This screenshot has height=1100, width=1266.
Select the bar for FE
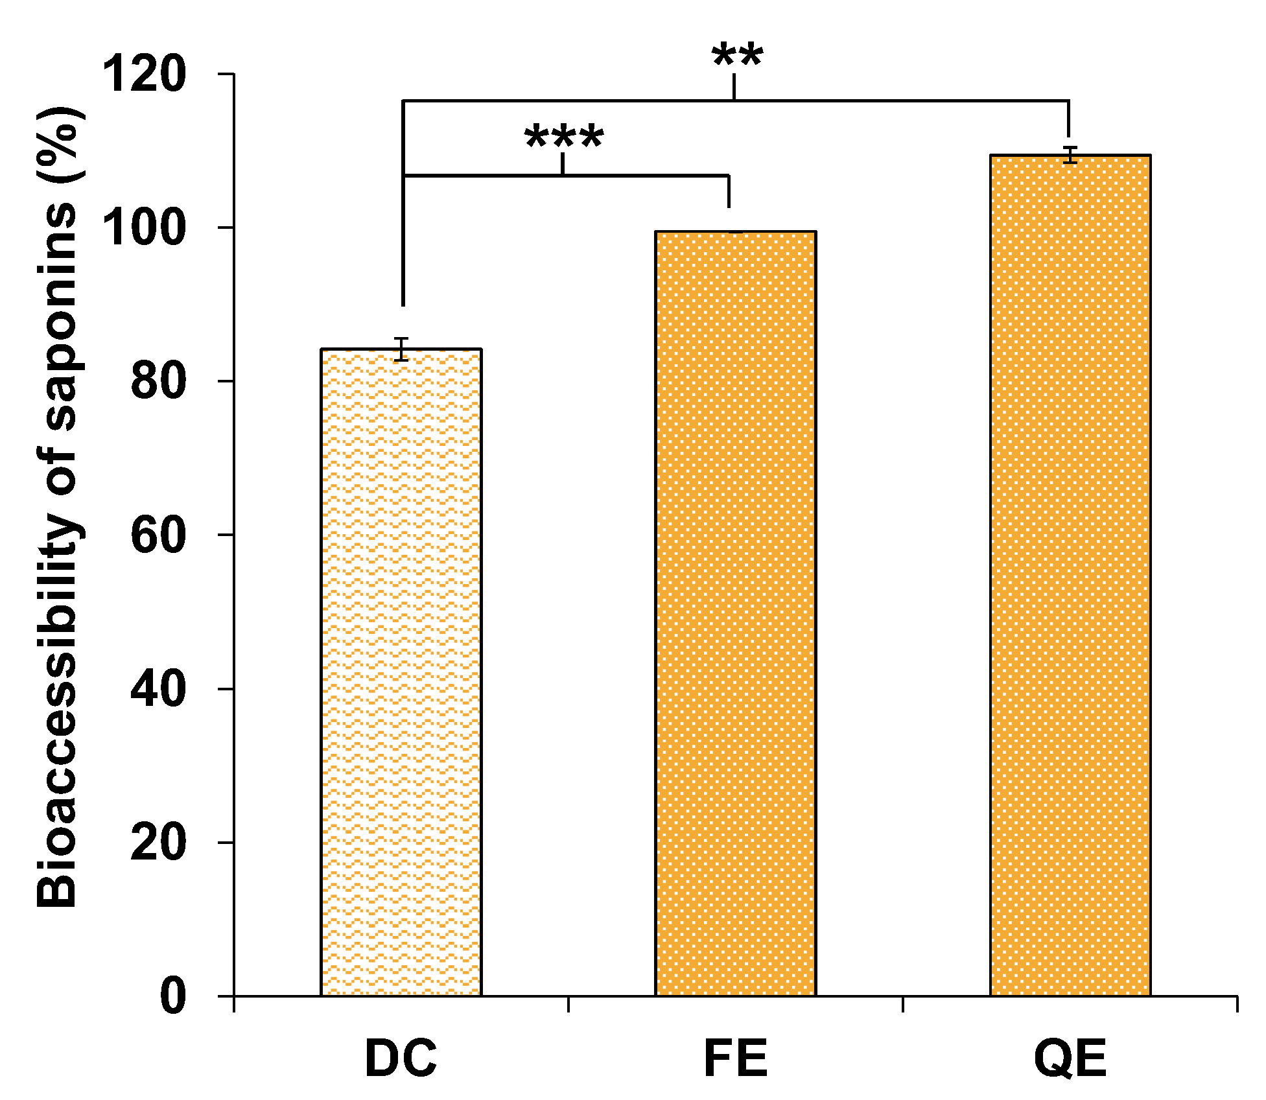tap(735, 613)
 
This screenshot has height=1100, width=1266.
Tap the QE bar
tap(1070, 575)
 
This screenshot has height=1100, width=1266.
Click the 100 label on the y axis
tap(145, 228)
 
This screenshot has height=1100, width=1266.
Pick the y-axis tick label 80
tap(158, 381)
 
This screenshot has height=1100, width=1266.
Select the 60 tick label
tap(158, 535)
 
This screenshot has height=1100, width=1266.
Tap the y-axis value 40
tap(158, 688)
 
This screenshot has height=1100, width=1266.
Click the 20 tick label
tap(158, 842)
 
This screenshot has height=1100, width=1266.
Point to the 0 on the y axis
tap(172, 996)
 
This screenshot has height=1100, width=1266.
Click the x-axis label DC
tap(401, 1058)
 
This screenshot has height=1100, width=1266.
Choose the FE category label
tap(735, 1058)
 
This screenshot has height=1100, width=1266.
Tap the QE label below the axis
tap(1070, 1058)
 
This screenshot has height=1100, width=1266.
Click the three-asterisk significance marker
tap(564, 137)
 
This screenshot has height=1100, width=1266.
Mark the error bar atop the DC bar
tap(402, 349)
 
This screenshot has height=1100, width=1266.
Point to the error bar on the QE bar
tap(1070, 156)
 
